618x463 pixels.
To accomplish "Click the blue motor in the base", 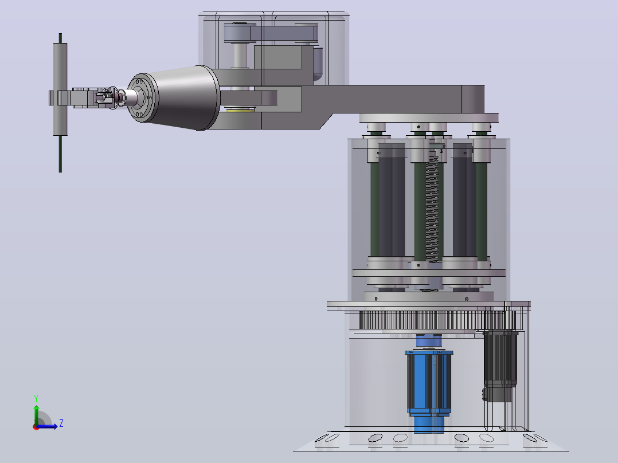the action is pos(429,390).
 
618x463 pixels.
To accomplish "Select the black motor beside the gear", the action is pos(500,367).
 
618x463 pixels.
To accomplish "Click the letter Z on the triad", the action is pos(61,423).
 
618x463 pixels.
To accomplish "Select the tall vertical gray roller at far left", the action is pos(60,89).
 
